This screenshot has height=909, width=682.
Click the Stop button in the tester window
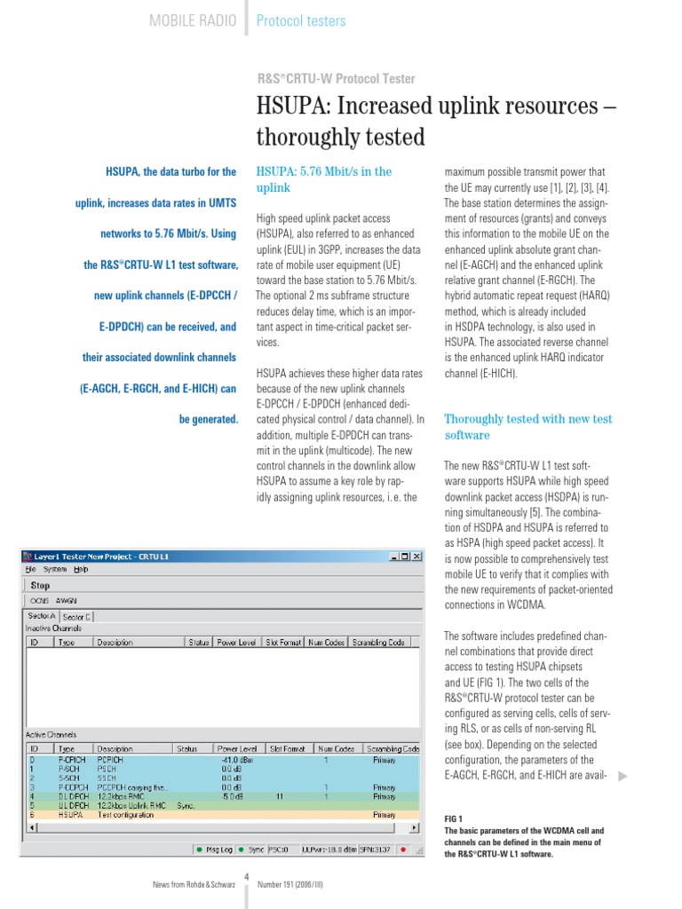click(40, 585)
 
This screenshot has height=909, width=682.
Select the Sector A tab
click(42, 615)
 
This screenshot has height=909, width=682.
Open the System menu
click(55, 569)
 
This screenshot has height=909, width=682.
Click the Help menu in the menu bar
click(81, 569)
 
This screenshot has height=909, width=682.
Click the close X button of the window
click(416, 556)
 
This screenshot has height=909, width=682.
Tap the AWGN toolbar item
click(67, 600)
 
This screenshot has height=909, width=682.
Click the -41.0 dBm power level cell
click(238, 760)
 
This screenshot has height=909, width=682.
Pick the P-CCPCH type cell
click(72, 786)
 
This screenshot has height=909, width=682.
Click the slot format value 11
click(280, 796)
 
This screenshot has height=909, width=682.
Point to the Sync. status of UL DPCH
click(186, 805)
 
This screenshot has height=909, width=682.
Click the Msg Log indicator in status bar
click(214, 850)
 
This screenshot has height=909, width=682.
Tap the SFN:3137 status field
click(373, 850)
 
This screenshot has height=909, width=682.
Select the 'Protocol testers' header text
click(301, 20)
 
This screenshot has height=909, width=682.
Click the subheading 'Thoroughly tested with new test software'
click(527, 427)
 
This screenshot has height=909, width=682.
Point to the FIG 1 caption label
click(453, 818)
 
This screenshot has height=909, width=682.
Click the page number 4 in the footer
click(246, 878)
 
